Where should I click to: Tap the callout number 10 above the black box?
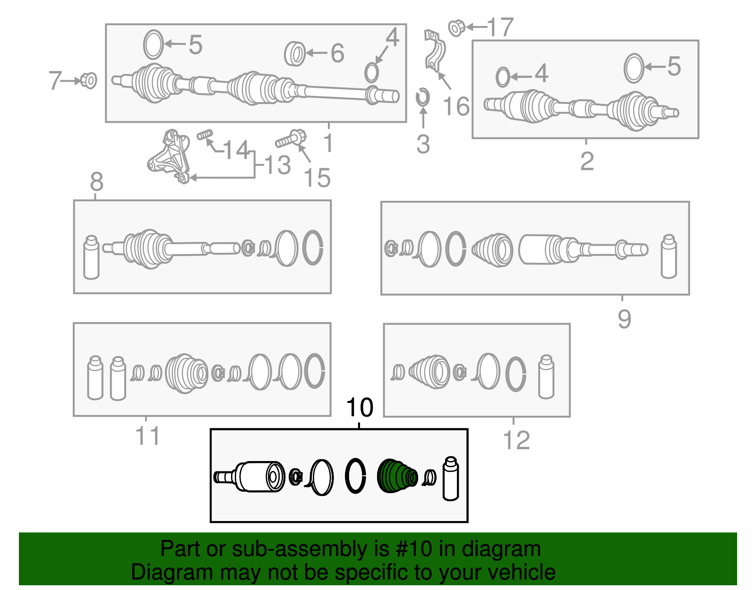(360, 407)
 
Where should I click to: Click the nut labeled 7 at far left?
(88, 80)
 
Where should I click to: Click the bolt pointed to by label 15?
(292, 139)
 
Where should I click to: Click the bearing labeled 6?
(295, 53)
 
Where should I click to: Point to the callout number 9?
(624, 319)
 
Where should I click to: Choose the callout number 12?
(516, 441)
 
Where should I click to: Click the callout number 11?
(147, 436)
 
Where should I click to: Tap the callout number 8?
(96, 181)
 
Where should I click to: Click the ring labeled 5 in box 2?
(634, 68)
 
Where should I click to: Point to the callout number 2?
(587, 162)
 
